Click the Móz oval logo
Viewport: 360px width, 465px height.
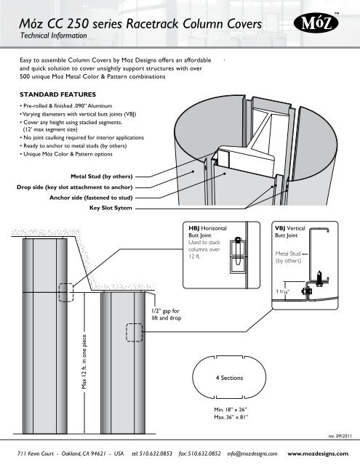tap(316, 23)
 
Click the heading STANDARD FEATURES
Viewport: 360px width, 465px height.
tap(58, 94)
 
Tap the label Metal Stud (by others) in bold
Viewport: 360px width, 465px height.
tap(102, 177)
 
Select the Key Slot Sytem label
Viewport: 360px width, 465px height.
tap(111, 208)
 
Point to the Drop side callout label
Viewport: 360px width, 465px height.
tap(74, 187)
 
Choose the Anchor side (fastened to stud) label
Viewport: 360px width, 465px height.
tap(91, 198)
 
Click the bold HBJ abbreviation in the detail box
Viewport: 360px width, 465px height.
tap(193, 228)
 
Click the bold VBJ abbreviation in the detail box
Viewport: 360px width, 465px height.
tap(280, 228)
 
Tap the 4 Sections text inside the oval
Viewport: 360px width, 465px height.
tap(229, 378)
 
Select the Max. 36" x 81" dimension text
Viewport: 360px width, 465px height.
tap(231, 417)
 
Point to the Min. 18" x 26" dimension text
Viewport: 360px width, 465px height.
tap(231, 410)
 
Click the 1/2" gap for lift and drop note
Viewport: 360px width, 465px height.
tap(167, 315)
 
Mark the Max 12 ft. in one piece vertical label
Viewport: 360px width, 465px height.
tap(84, 362)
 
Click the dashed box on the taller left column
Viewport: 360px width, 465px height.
tap(66, 293)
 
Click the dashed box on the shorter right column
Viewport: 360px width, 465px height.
tap(135, 333)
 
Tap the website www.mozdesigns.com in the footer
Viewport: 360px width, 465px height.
tap(318, 453)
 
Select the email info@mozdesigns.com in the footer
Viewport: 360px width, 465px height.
tap(252, 453)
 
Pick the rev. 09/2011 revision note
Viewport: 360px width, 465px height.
tap(340, 436)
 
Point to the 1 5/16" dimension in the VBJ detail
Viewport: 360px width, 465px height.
tap(282, 291)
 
